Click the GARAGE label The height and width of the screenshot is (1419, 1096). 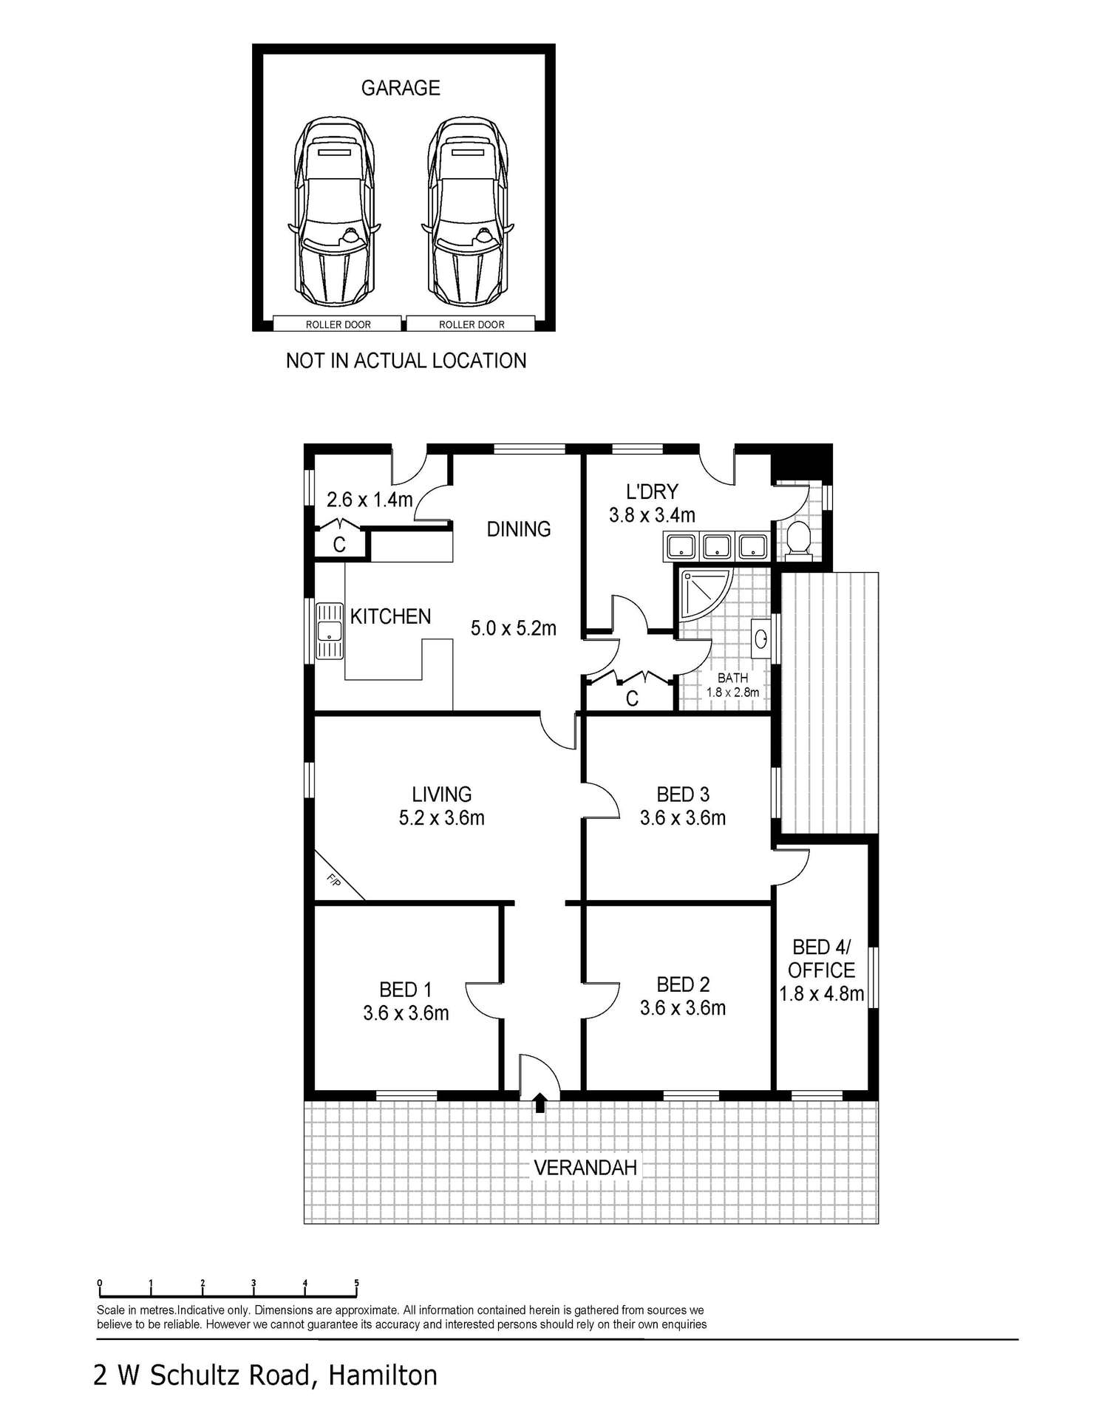coord(400,88)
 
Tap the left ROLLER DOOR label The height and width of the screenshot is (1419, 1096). coord(338,324)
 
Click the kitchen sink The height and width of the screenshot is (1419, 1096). coord(328,631)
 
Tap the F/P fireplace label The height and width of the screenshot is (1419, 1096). coord(334,880)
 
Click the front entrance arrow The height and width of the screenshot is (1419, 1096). coord(540,1102)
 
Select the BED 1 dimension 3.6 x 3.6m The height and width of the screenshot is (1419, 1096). coord(406,1013)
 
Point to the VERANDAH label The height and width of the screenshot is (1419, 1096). coord(585,1168)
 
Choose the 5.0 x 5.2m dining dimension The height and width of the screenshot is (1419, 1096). coord(514,629)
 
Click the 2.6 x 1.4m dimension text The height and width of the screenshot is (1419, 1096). coord(370,500)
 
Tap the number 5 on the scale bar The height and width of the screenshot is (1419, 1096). coord(357,1283)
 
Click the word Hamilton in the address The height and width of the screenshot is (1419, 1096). coord(383,1375)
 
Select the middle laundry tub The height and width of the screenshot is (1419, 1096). coord(716,547)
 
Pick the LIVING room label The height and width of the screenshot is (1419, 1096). coord(441,794)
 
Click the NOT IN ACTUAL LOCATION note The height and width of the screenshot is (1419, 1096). coord(406,361)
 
